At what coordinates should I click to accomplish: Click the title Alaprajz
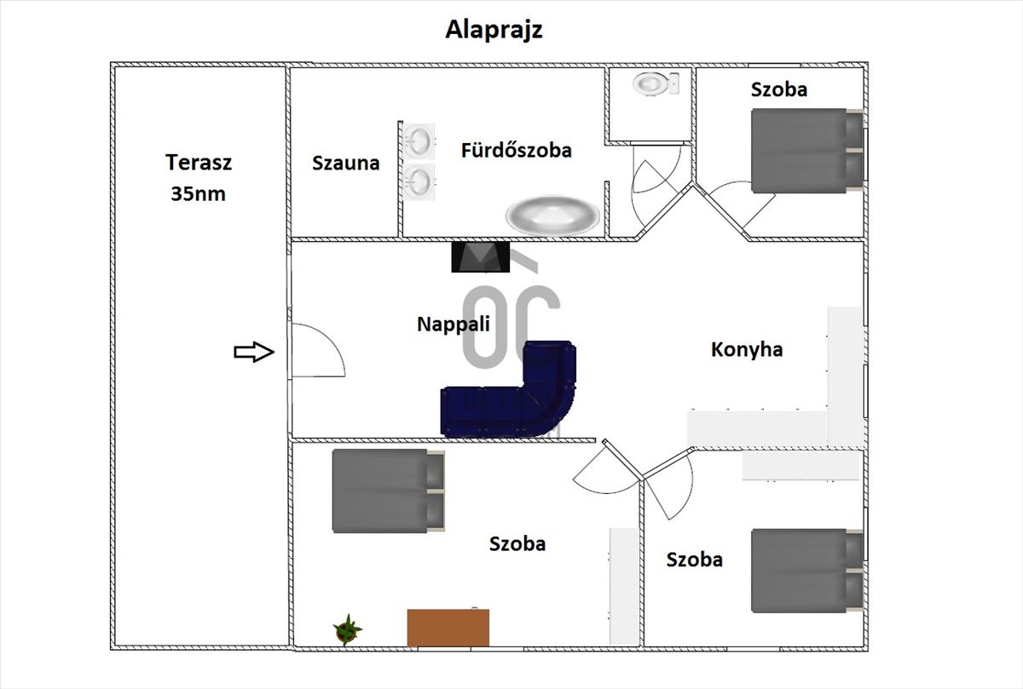point(494,30)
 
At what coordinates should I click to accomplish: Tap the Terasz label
point(199,162)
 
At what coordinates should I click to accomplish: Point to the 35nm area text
point(198,193)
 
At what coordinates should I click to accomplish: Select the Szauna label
point(345,163)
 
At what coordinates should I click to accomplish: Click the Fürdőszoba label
point(516,151)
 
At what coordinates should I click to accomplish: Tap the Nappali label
point(453,324)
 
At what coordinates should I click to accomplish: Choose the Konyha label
point(747,349)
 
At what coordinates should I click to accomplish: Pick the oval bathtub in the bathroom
point(552,214)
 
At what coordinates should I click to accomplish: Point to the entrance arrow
point(254,352)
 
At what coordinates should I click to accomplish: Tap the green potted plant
point(346,630)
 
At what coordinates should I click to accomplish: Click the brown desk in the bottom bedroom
point(448,628)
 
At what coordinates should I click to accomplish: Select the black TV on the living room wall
point(481,257)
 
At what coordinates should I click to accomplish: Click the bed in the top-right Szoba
point(806,151)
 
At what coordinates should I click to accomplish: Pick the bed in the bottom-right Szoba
point(806,570)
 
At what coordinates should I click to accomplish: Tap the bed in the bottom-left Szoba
point(388,490)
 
